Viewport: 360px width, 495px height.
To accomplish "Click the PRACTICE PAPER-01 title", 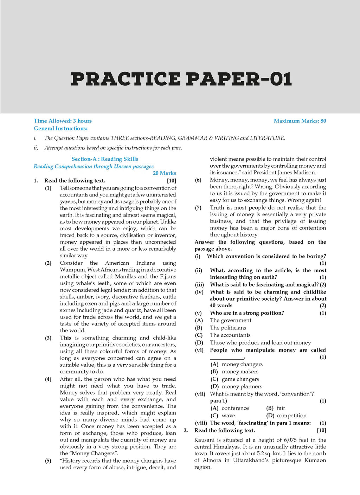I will coord(181,79).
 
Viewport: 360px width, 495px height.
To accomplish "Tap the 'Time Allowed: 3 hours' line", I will coord(63,121).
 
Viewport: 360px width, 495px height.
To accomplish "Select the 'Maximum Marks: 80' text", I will coord(300,121).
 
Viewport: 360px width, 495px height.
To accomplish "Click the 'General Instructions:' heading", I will coord(60,129).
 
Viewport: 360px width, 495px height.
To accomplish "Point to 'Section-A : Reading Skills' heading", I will coord(105,159).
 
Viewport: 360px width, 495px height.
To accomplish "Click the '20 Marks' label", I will coord(164,173).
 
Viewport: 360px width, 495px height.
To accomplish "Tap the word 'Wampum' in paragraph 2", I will coord(72,270).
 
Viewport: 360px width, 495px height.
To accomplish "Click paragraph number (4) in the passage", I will coord(48,379).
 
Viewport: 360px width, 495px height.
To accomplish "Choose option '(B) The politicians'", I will coord(228,328).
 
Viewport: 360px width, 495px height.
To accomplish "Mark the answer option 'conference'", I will coord(235,408).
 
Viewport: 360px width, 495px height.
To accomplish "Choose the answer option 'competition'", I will coord(291,416).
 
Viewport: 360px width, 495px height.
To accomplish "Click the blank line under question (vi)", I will coord(227,358).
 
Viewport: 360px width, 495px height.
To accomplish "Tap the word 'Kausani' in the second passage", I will coord(204,440).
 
